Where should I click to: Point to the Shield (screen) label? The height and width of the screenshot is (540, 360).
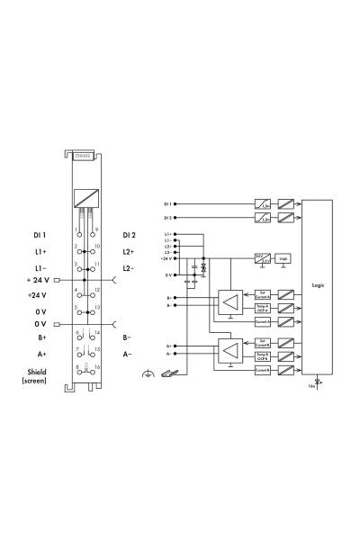click(x=35, y=375)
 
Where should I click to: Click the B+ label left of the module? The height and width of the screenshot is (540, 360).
click(x=41, y=337)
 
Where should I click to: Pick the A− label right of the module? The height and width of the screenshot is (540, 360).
click(x=128, y=355)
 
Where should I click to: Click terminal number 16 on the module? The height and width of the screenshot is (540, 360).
click(x=95, y=366)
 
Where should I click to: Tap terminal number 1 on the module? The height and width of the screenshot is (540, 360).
click(x=76, y=231)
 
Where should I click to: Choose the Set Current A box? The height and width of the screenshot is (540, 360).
click(x=262, y=295)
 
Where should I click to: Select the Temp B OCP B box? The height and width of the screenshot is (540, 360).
click(x=262, y=356)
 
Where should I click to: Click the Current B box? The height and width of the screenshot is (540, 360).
click(x=262, y=369)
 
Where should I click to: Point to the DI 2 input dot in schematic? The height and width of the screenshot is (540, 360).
click(x=175, y=218)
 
